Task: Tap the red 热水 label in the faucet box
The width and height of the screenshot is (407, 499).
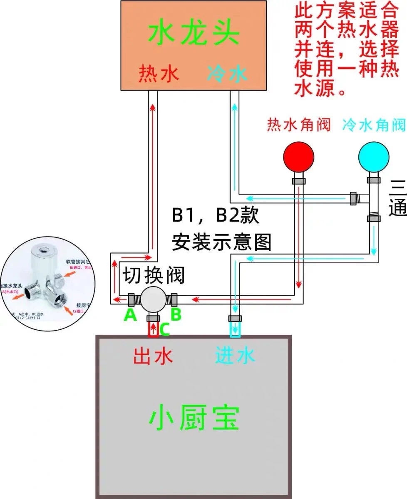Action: pos(158,74)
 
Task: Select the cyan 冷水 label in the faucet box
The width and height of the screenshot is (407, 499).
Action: pos(228,74)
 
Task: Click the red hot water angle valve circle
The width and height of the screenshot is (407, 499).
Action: pos(298,157)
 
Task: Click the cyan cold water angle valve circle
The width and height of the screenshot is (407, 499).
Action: pos(374,157)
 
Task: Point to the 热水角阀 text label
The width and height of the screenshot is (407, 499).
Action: pos(298,124)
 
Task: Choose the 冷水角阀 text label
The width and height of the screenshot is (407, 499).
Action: pos(374,124)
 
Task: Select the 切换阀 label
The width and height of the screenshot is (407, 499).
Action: pos(153,276)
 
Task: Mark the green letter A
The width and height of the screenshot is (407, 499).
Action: pos(130,316)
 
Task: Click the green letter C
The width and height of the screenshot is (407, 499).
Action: pos(164,329)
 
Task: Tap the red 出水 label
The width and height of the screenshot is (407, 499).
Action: pos(153,356)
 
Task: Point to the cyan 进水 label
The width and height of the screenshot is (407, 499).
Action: pos(235,356)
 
